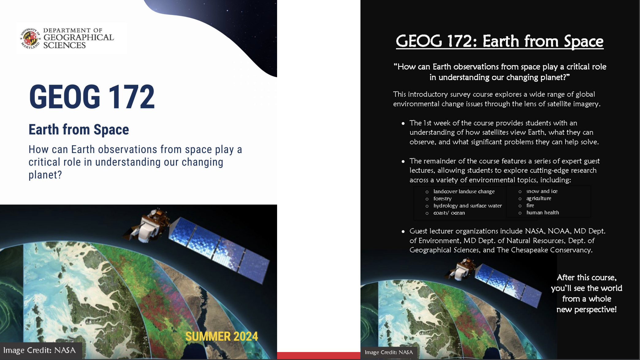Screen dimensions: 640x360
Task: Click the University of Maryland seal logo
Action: coord(30,39)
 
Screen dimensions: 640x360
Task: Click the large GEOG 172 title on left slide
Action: coord(92,97)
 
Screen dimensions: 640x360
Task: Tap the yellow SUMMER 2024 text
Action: coord(222,336)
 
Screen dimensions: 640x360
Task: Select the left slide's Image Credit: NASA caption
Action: coord(40,350)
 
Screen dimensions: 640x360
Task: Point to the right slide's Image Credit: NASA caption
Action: coord(389,352)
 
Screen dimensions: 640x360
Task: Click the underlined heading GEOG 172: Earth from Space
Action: coord(500,41)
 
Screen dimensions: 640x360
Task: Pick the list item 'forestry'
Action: coord(442,199)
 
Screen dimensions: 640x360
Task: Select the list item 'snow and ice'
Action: coord(542,191)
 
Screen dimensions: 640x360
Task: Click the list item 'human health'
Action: coord(543,213)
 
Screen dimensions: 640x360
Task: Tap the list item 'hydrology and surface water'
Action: coord(467,206)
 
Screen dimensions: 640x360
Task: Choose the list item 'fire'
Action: coord(530,205)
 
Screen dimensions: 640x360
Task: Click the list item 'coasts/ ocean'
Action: coord(449,213)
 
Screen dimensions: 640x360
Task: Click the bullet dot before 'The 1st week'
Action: coord(403,124)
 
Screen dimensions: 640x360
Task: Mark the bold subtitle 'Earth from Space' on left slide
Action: coord(79,130)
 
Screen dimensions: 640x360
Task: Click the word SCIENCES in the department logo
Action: coord(64,45)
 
